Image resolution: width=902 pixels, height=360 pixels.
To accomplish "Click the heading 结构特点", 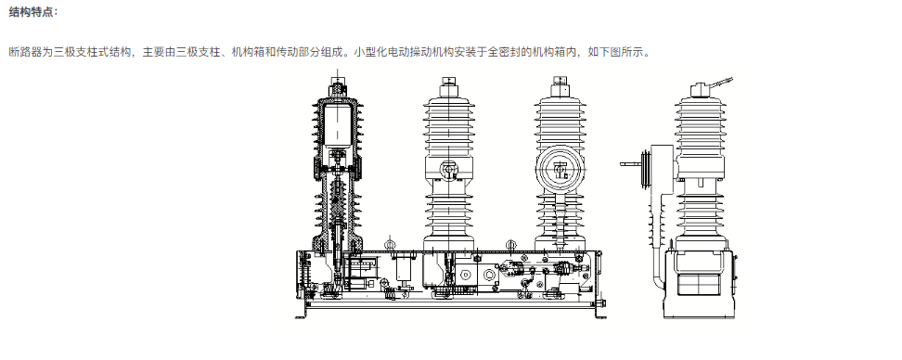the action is point(33,12).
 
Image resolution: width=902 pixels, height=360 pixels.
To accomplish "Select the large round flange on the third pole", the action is point(561,170).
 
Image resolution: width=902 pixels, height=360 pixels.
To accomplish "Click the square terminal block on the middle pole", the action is point(450,171).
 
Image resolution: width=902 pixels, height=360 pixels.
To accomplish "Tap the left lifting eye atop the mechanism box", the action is point(390,245).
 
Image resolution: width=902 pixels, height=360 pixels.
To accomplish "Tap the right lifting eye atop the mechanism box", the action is point(509,245).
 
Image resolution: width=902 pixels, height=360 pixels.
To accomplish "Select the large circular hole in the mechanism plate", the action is point(487,276).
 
